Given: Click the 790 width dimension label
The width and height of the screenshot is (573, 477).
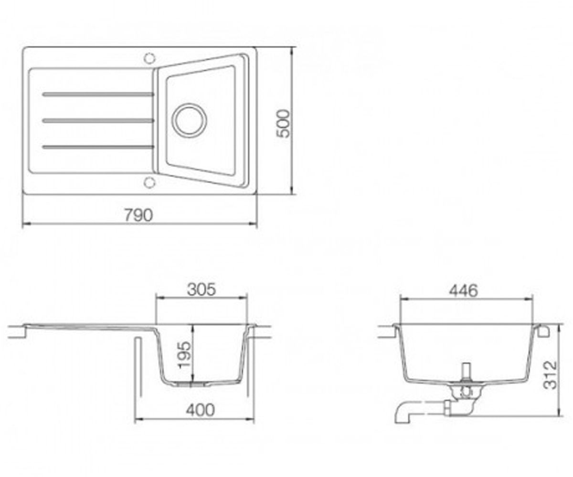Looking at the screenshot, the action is pyautogui.click(x=138, y=215).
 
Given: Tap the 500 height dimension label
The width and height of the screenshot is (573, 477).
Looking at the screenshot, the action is pyautogui.click(x=283, y=124).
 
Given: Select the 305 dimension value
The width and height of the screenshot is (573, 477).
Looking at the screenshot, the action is pyautogui.click(x=202, y=290).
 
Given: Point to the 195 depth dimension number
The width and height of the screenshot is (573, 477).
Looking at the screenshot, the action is pyautogui.click(x=184, y=355).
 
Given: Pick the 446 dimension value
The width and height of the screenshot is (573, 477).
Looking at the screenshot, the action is pyautogui.click(x=463, y=290).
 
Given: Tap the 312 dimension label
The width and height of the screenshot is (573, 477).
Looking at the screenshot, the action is pyautogui.click(x=551, y=375).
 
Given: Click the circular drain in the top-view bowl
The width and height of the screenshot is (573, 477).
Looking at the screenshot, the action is pyautogui.click(x=190, y=120).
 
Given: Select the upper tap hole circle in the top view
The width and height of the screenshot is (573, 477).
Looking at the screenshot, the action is pyautogui.click(x=149, y=58).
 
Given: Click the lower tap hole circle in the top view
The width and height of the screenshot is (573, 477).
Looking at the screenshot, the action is pyautogui.click(x=149, y=182).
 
